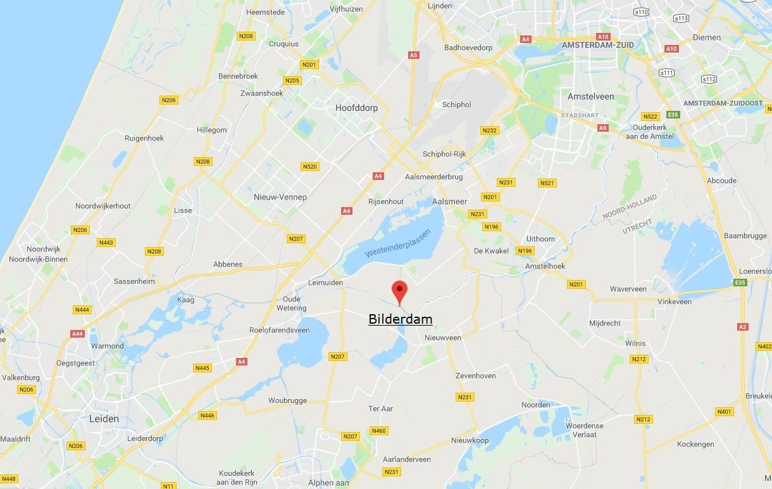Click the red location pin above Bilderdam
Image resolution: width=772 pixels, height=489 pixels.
coord(399,291)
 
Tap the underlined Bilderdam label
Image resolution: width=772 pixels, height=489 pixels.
coord(401,319)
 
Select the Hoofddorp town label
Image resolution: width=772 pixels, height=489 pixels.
coord(356,108)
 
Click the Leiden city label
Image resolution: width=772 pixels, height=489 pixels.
coord(104,419)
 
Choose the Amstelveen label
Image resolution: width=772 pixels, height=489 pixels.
coord(590,96)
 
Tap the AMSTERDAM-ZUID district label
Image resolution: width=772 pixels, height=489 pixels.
coord(597,45)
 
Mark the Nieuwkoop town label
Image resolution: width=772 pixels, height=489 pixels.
coord(470,440)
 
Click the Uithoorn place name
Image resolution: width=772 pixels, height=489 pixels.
coord(540,239)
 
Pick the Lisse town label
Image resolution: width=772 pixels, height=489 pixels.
coord(183,210)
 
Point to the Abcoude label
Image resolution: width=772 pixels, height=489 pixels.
coord(722,181)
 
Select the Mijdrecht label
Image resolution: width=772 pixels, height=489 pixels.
coord(604,322)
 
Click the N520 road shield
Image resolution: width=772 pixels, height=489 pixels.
coord(310,167)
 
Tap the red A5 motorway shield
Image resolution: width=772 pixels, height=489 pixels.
coord(413,55)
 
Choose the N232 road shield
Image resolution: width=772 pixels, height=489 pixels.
coord(489,130)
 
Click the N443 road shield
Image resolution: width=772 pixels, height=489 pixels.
coord(106,243)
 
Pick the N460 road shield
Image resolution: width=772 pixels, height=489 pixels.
coord(378,431)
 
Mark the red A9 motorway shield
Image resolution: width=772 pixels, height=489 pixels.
coord(602,128)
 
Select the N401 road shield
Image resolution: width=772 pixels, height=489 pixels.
coord(725,412)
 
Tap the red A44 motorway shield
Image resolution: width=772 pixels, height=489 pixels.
coord(77,334)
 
